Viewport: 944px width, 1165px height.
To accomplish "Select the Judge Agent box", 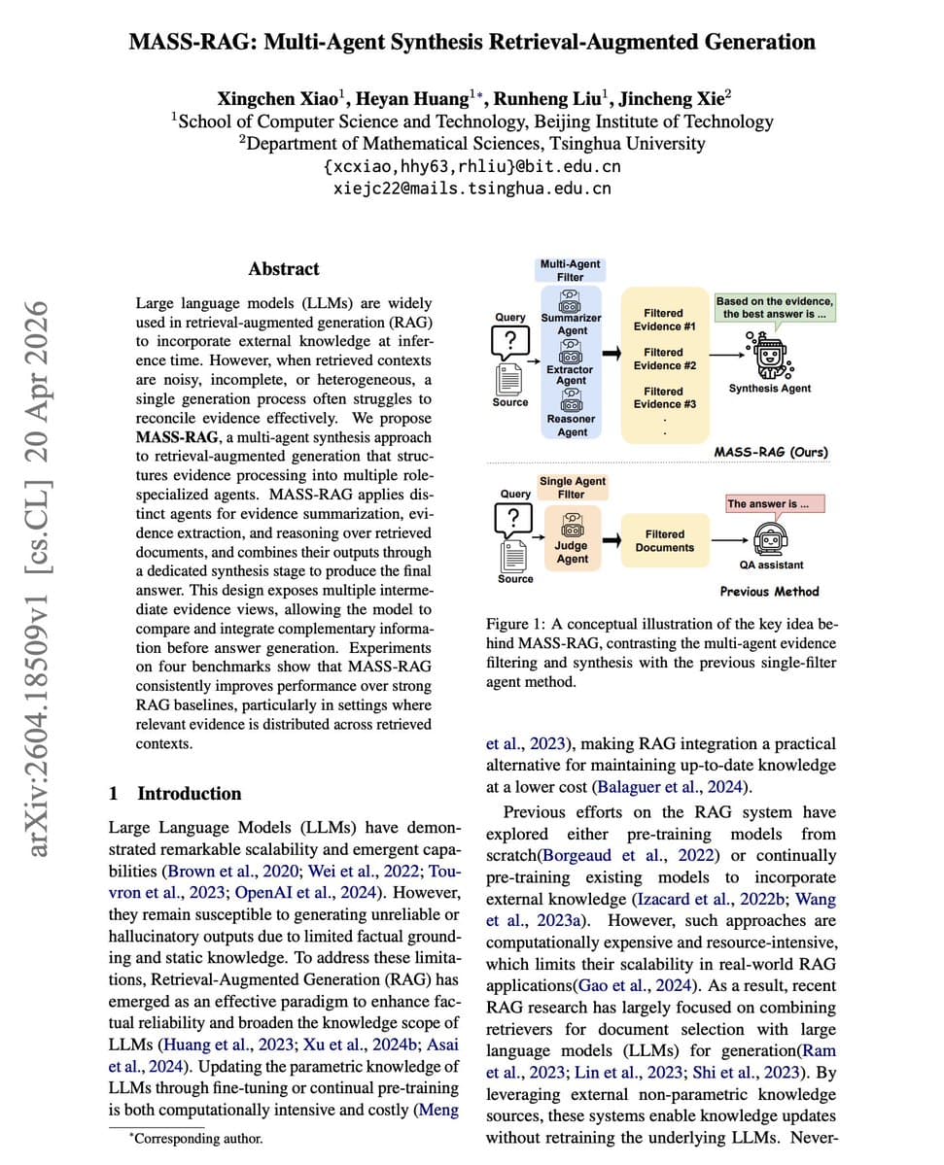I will tap(572, 545).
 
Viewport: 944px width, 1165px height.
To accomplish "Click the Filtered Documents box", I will tap(664, 541).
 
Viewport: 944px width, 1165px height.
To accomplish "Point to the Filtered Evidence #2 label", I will tap(664, 359).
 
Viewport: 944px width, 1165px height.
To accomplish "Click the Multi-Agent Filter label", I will tap(570, 270).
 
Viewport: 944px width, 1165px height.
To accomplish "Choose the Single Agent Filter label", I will tap(572, 487).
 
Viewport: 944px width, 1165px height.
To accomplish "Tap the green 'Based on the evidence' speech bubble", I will tap(775, 307).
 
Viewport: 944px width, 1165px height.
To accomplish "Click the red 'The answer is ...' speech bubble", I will tap(775, 503).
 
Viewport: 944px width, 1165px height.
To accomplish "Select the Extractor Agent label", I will tap(571, 375).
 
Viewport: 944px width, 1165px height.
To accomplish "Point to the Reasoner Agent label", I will tap(572, 425).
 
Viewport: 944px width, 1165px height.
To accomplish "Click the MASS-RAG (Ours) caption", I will tap(772, 452).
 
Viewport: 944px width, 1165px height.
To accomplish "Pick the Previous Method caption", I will tap(769, 591).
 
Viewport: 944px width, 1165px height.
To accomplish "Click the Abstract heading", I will tap(283, 269).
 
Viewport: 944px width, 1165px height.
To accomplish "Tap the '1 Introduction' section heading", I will tap(175, 793).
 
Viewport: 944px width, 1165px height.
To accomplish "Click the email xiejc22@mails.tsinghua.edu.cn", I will tap(472, 188).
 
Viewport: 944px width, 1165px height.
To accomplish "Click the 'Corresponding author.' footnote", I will tap(195, 1137).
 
